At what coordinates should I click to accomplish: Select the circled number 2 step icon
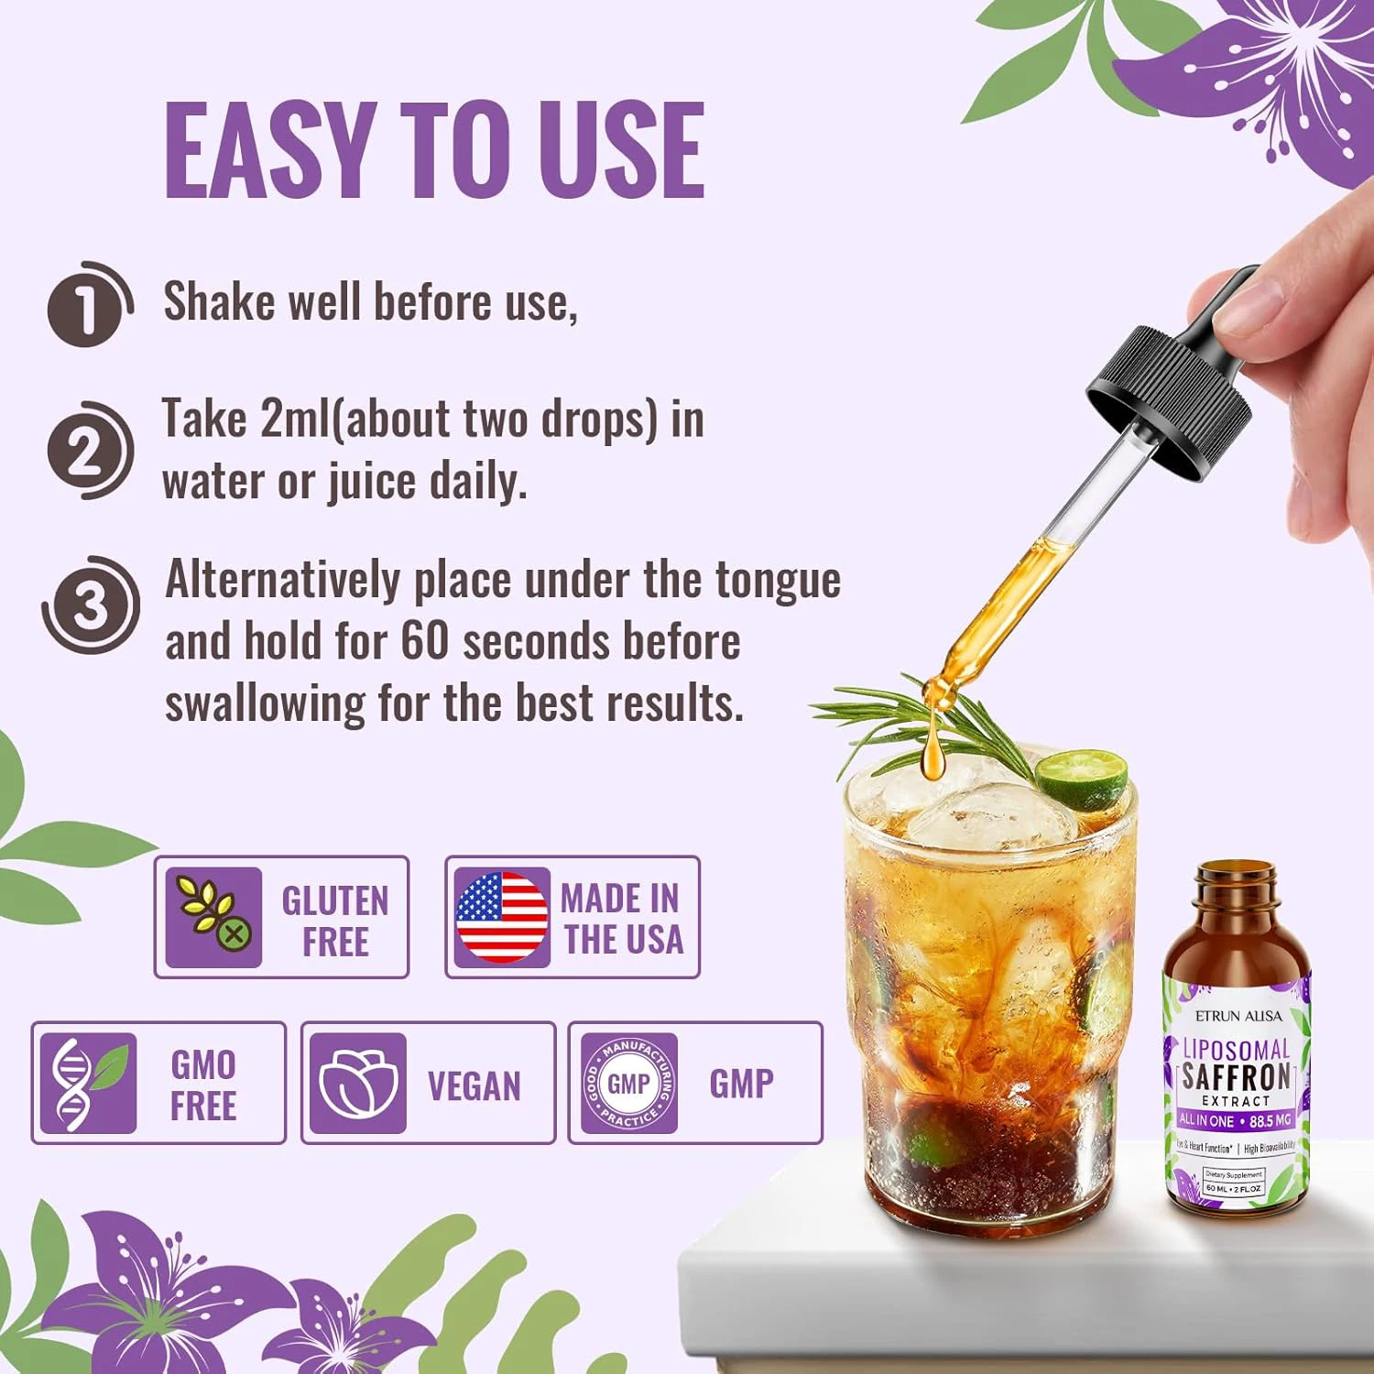click(87, 452)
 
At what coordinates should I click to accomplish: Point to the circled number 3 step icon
click(90, 605)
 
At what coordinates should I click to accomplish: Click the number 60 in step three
click(423, 640)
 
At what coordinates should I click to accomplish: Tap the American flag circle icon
click(502, 917)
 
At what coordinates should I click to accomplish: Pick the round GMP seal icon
click(629, 1084)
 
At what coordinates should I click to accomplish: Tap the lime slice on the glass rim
click(1083, 778)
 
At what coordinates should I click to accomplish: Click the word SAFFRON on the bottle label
click(1236, 1076)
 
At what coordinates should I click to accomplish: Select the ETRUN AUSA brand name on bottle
click(1238, 1015)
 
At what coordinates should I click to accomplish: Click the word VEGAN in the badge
click(474, 1086)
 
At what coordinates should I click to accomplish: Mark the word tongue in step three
click(777, 580)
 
